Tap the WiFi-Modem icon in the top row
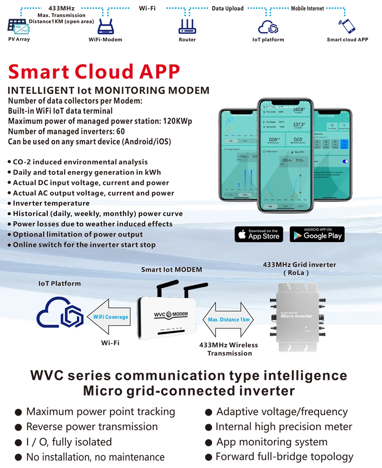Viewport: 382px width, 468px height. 105,27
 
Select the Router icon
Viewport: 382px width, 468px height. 187,26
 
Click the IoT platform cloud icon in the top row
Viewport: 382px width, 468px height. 268,27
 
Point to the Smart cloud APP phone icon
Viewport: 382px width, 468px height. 347,26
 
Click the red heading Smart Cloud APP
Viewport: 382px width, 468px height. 94,72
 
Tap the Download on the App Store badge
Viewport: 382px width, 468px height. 259,234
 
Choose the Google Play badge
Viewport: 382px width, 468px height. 317,234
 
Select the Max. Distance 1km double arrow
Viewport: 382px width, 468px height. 229,320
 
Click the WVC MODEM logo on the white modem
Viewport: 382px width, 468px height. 171,315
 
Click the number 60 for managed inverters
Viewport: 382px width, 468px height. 120,132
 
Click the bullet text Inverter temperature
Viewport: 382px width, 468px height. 51,203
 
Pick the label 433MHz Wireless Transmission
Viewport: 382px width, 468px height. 229,349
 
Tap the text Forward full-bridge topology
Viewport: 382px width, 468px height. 284,457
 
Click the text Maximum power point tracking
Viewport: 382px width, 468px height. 100,412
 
